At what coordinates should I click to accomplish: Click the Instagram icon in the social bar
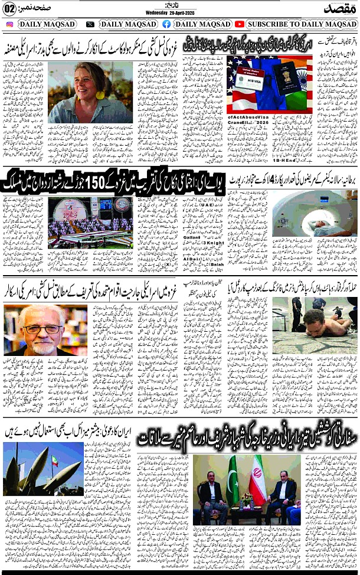(9, 24)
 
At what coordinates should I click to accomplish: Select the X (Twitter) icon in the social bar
(90, 24)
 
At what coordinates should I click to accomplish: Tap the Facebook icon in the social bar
(166, 24)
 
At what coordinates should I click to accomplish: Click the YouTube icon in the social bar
(239, 24)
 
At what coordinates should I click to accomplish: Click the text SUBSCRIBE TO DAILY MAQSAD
(300, 24)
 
